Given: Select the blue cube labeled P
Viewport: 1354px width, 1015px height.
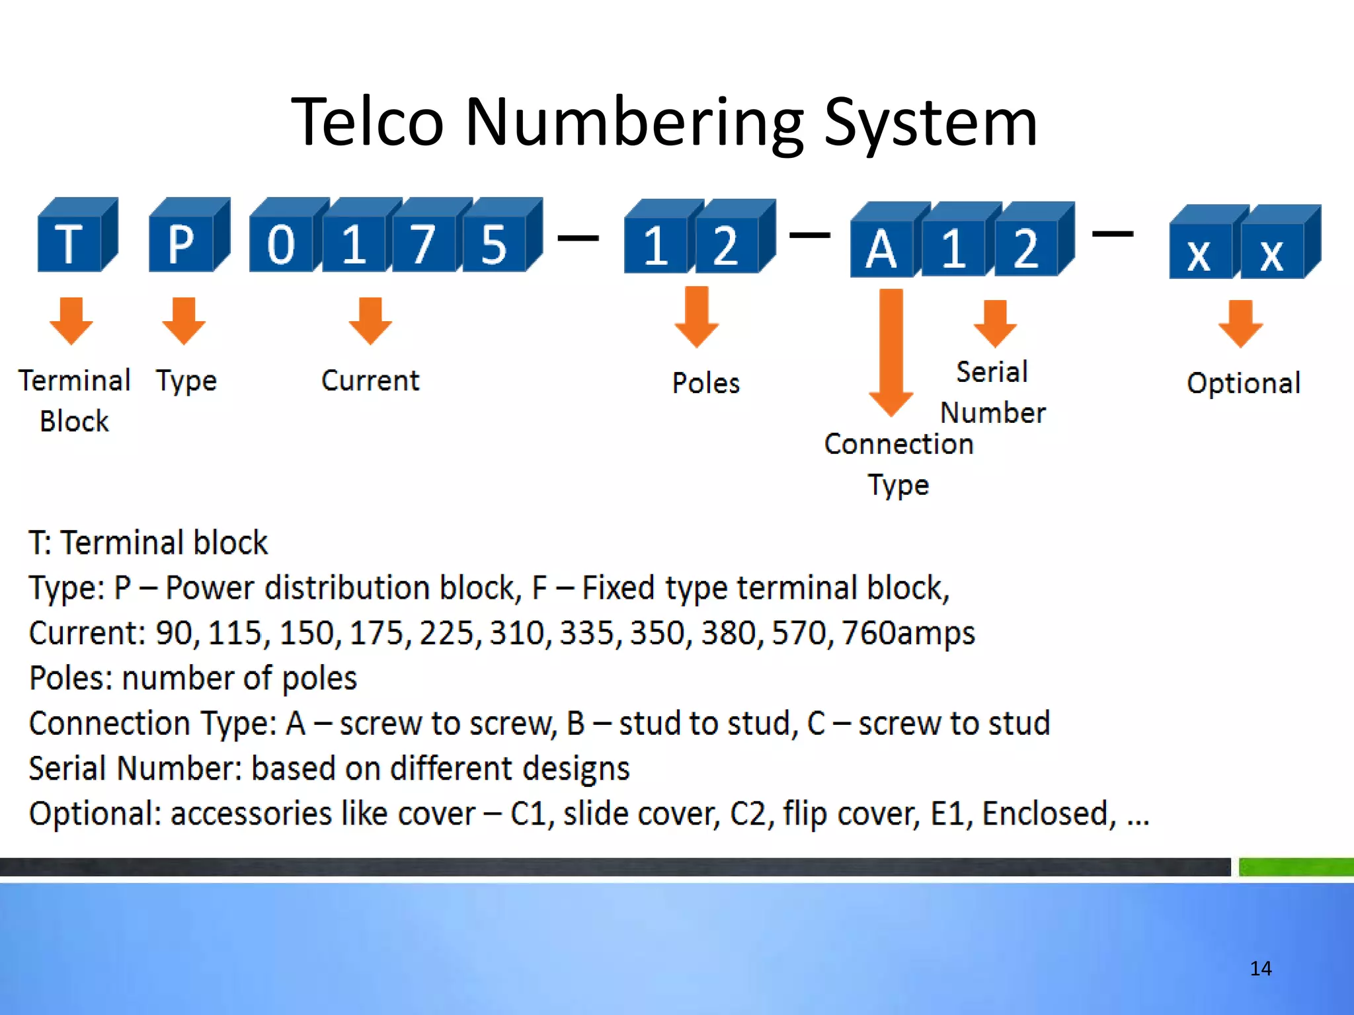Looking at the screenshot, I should click(x=182, y=243).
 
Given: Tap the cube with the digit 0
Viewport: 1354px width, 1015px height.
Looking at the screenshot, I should click(x=282, y=243).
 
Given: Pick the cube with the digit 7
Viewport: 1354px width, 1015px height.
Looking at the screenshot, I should click(x=423, y=243).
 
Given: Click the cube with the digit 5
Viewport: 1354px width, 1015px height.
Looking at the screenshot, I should click(x=495, y=243).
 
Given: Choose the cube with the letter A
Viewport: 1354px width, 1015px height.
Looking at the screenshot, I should click(x=882, y=248).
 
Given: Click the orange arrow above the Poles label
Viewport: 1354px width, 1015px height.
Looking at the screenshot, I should click(x=697, y=317).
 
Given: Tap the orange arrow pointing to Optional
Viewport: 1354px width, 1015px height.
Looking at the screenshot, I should click(x=1241, y=323).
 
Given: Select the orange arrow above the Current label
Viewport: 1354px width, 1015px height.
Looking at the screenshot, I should click(x=370, y=320).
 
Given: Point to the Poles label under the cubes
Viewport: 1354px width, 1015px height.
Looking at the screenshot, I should click(x=705, y=383).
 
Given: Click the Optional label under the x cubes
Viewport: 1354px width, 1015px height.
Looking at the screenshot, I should click(x=1244, y=383).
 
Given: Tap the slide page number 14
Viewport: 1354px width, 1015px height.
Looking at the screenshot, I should click(x=1261, y=969).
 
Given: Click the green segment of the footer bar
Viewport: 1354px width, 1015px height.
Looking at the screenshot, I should click(x=1296, y=866).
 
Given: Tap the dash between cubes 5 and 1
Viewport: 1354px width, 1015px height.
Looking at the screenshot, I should click(x=578, y=237).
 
